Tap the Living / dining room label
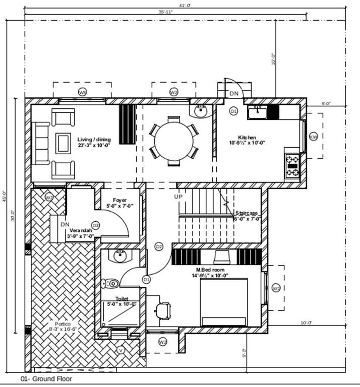(x=94, y=142)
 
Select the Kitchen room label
(x=247, y=140)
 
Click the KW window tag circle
(x=313, y=137)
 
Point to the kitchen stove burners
(x=292, y=166)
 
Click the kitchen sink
(x=257, y=111)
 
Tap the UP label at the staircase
(x=178, y=197)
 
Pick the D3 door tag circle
(x=95, y=225)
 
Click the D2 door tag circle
(x=159, y=246)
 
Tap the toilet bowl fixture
(x=111, y=283)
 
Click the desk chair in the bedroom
(x=163, y=310)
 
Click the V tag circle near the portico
(x=121, y=350)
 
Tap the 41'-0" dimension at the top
(x=185, y=5)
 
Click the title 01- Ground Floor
(x=46, y=379)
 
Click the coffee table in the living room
(x=63, y=142)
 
